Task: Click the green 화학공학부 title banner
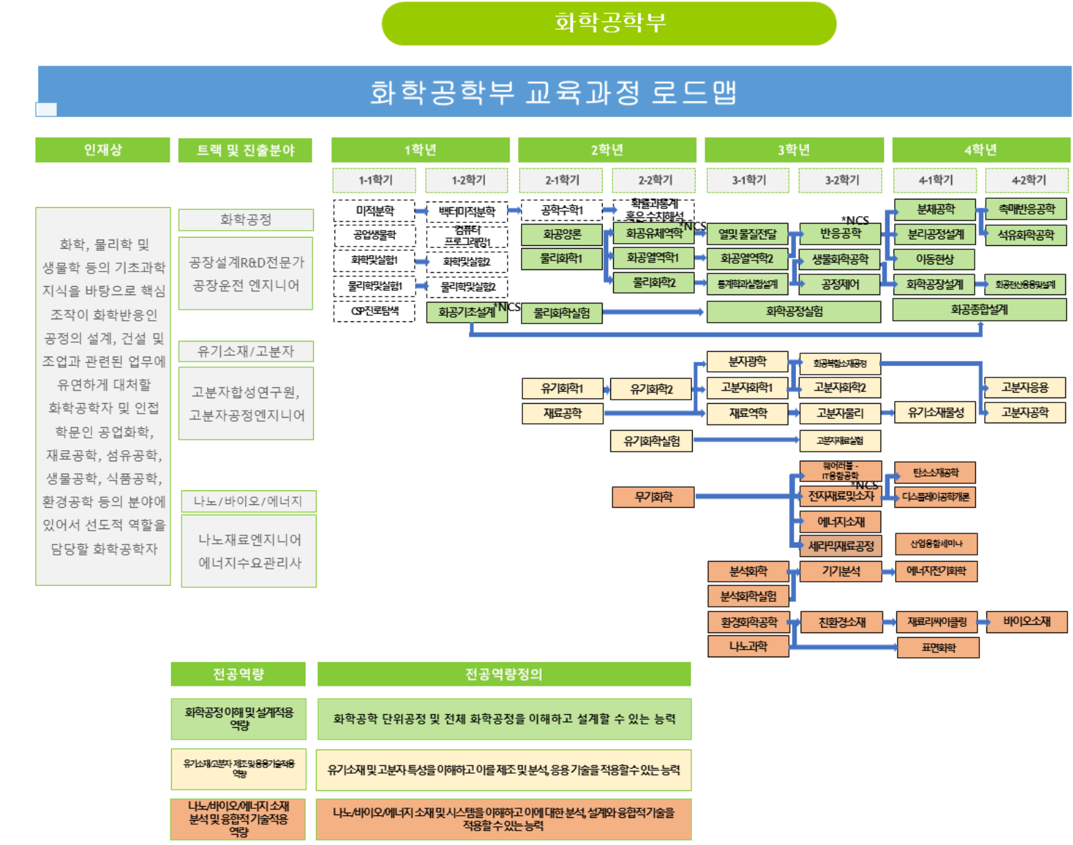(x=608, y=24)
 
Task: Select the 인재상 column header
(x=103, y=150)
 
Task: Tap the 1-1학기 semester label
(x=375, y=180)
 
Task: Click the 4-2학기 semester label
(x=1028, y=180)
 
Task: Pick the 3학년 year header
(x=794, y=150)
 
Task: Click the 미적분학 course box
(x=375, y=211)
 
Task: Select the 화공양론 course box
(x=562, y=235)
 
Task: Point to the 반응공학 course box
(x=840, y=234)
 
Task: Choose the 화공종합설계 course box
(x=979, y=310)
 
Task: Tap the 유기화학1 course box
(x=562, y=389)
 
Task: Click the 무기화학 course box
(x=653, y=497)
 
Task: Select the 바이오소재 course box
(x=1026, y=621)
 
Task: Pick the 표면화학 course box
(x=938, y=648)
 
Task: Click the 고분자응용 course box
(x=1025, y=388)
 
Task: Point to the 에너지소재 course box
(x=840, y=522)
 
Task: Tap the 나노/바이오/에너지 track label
(x=248, y=501)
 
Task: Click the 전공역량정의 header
(x=504, y=674)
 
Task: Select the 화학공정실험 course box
(x=794, y=312)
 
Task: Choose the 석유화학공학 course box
(x=1025, y=235)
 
